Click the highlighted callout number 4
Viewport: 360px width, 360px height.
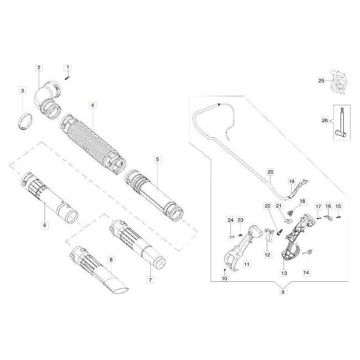[93, 105]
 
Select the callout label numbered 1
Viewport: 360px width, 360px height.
[67, 67]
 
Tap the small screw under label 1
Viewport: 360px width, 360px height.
[67, 78]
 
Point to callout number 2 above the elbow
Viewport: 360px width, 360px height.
[39, 67]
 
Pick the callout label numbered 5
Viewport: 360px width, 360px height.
[157, 159]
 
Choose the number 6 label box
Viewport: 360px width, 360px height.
[45, 225]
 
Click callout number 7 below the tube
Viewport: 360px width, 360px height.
[150, 280]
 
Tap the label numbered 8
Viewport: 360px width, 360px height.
[111, 260]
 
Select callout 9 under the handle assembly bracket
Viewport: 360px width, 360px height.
[283, 292]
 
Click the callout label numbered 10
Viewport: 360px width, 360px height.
[225, 279]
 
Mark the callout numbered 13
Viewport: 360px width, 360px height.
[284, 273]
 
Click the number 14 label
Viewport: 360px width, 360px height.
[306, 273]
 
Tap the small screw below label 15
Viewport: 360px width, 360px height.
[338, 217]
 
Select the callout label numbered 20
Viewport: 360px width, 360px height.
[270, 172]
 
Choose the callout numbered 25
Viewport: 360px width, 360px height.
[321, 81]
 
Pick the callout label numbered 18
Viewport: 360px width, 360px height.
[302, 201]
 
